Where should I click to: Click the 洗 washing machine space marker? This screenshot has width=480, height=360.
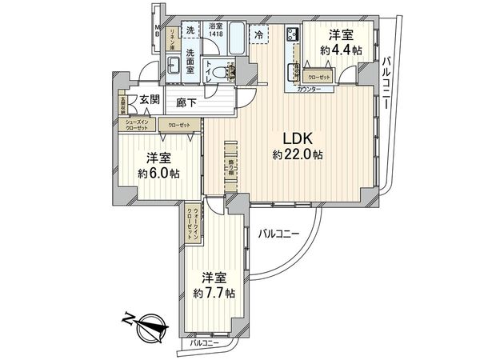point(190,30)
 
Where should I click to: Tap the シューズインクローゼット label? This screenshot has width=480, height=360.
point(137,125)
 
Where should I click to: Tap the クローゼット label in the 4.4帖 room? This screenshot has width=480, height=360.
point(320,77)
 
